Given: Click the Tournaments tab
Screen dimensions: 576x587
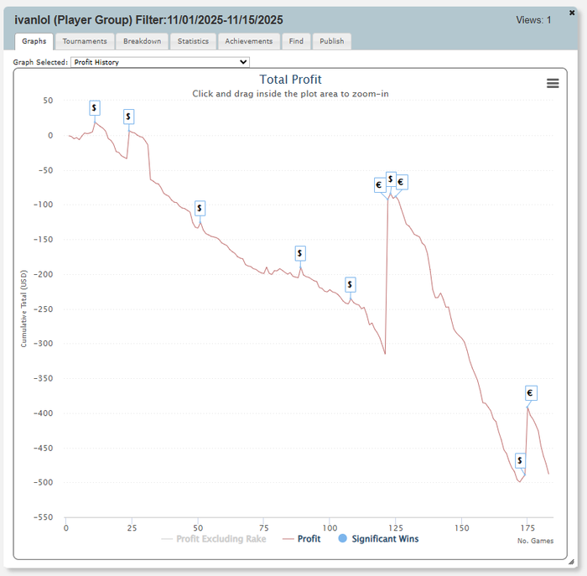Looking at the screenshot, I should [85, 41].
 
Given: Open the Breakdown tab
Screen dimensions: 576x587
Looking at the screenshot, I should [142, 41].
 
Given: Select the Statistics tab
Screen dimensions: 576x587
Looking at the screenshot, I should [193, 41].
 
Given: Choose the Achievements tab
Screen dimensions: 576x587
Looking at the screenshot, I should [249, 41].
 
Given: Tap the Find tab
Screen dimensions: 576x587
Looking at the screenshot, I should [296, 41].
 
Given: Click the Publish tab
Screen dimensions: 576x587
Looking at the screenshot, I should [331, 41].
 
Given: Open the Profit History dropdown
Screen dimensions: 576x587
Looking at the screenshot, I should [159, 62].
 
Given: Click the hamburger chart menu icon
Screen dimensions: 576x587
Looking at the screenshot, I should [553, 83].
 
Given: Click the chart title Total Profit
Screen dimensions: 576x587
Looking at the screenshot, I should [290, 80].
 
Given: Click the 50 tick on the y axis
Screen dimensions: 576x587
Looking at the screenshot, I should [47, 101].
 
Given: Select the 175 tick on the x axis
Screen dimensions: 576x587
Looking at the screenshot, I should [526, 527].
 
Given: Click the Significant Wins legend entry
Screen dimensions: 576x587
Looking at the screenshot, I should [378, 539].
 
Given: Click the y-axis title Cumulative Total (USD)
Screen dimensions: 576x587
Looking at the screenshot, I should [24, 308].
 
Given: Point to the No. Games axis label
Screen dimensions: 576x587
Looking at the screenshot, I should [535, 541].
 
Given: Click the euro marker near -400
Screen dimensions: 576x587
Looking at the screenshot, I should [530, 392].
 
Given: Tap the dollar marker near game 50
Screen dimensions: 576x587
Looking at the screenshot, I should [200, 208].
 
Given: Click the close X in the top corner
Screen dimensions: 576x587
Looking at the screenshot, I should [572, 13].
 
